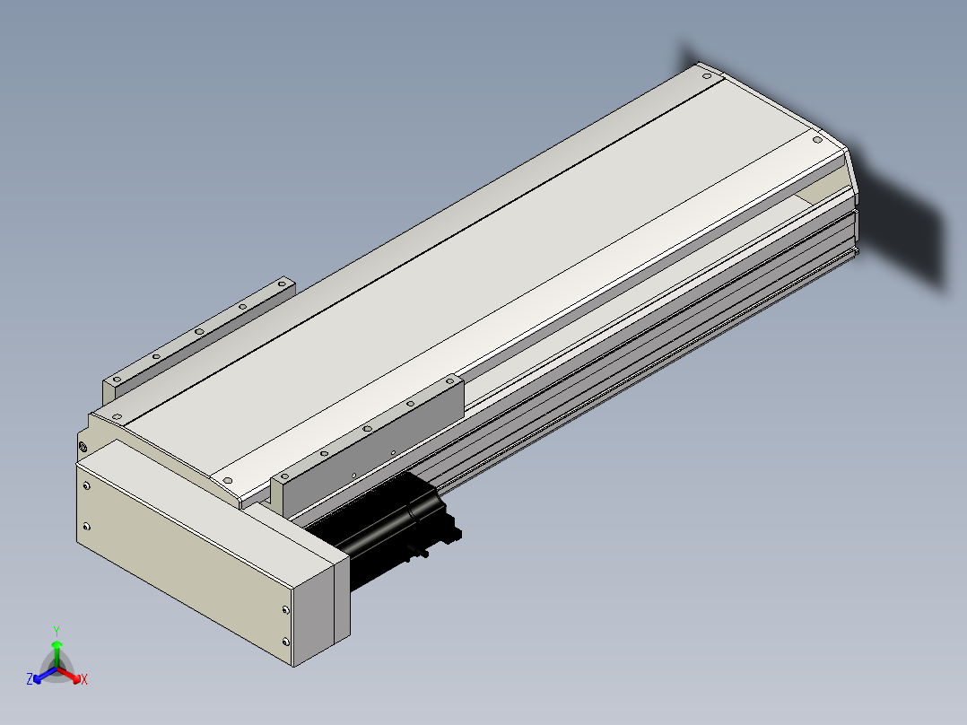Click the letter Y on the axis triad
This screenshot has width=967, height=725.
pyautogui.click(x=57, y=632)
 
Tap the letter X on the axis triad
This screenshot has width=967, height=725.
pyautogui.click(x=84, y=679)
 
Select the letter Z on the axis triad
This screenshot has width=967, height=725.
pyautogui.click(x=30, y=678)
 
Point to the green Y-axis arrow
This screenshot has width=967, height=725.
pyautogui.click(x=57, y=653)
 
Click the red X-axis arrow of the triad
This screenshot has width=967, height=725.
pyautogui.click(x=69, y=675)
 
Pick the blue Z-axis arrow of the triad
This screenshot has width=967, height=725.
pyautogui.click(x=45, y=674)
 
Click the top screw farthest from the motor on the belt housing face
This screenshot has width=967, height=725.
pyautogui.click(x=86, y=485)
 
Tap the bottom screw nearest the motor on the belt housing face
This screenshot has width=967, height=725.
pyautogui.click(x=285, y=642)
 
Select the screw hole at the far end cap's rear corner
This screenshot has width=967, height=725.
pyautogui.click(x=707, y=76)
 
